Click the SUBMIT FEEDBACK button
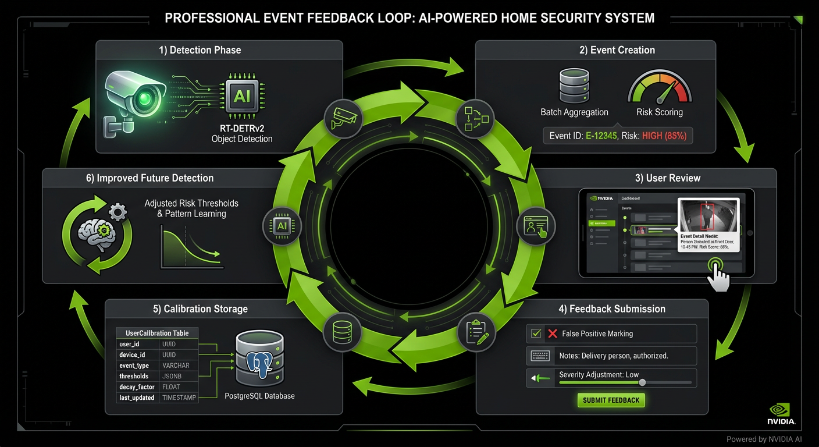[x=611, y=400]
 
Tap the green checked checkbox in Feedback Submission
[x=535, y=334]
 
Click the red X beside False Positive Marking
[x=553, y=334]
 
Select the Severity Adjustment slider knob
[x=642, y=382]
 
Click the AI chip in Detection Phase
[x=242, y=97]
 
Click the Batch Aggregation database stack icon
[x=574, y=86]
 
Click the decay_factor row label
[x=137, y=387]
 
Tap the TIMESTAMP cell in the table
[x=179, y=398]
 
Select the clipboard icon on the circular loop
[x=476, y=332]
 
